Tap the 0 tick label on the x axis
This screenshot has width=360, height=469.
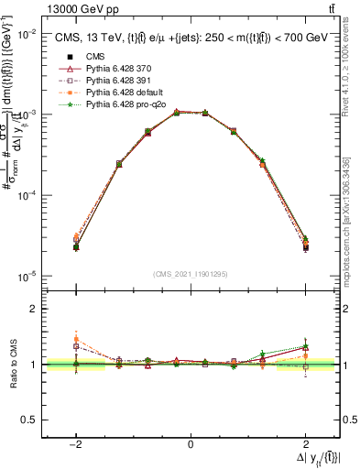point(191,445)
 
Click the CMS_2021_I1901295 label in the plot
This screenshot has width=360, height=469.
point(191,273)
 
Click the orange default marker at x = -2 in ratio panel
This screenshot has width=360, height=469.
point(76,340)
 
